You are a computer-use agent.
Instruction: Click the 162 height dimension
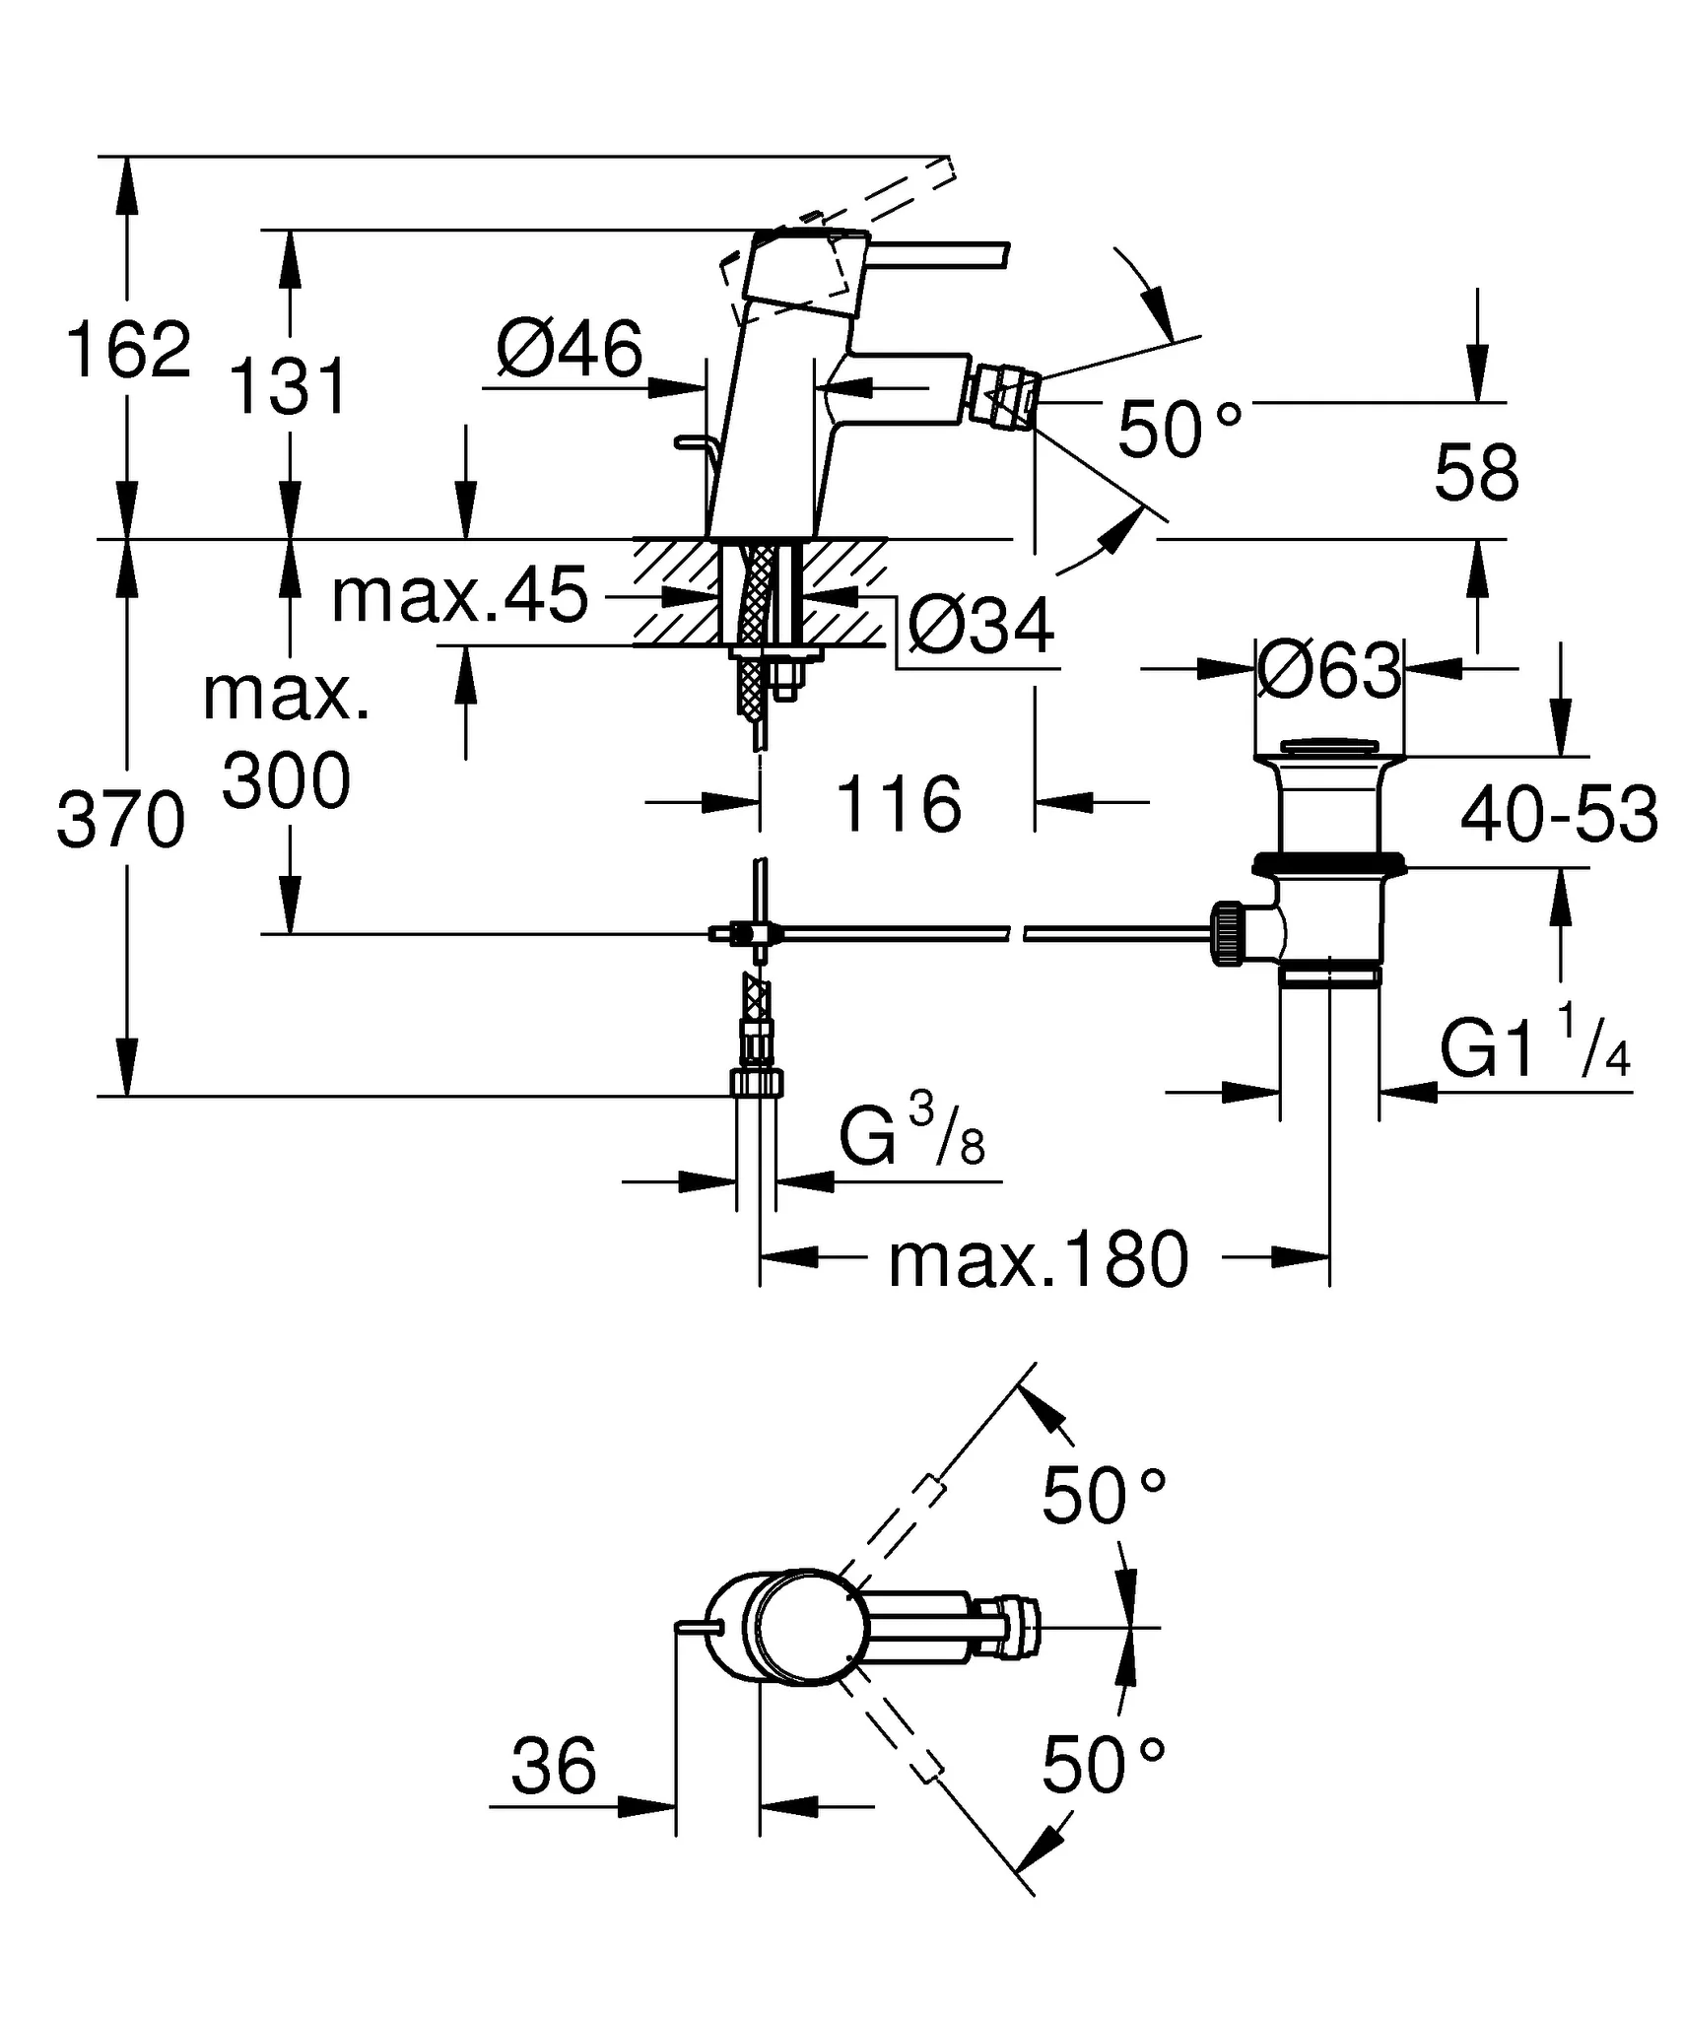click(127, 349)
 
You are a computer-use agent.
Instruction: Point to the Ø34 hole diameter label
click(980, 626)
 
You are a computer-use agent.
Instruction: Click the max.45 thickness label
click(459, 595)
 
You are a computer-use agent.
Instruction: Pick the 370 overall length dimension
click(120, 820)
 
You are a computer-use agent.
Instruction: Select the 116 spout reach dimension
click(898, 804)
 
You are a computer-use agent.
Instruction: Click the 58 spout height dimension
click(1475, 473)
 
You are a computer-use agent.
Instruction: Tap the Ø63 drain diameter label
click(1329, 671)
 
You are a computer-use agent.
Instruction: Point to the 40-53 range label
click(1558, 816)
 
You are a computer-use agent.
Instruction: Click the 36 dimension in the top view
click(554, 1765)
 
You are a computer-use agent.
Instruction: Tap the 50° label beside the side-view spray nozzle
click(1178, 431)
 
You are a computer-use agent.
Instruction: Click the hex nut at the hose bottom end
click(757, 1083)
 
